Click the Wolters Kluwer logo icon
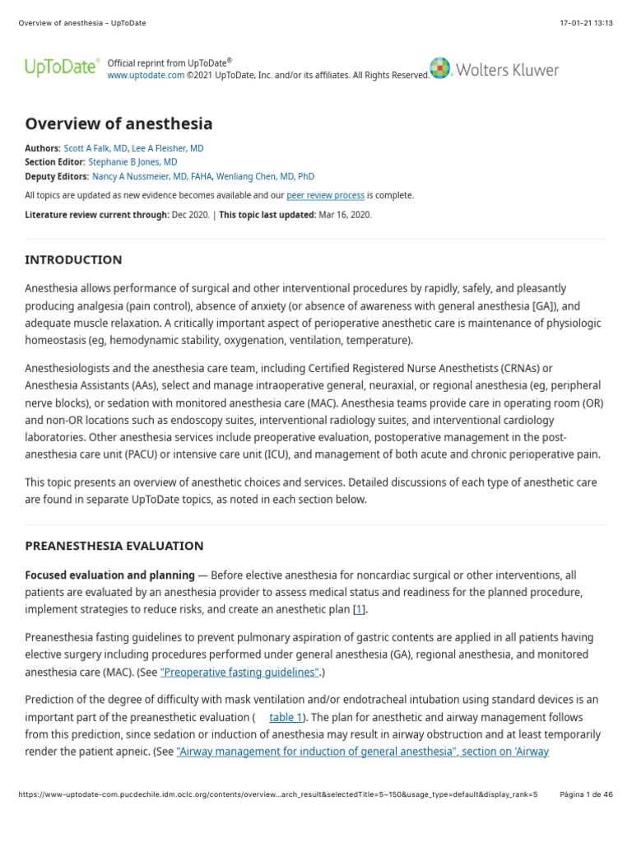[440, 69]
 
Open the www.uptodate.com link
[146, 75]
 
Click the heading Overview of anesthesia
[118, 124]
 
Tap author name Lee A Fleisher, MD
[169, 148]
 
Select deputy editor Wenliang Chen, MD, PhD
[265, 176]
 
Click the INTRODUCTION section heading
[73, 260]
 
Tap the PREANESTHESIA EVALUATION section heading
[114, 546]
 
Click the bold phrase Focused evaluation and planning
[110, 575]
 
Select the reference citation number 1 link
[359, 609]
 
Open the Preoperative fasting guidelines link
[239, 672]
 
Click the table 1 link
[286, 716]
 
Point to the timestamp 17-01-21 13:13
[585, 22]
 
